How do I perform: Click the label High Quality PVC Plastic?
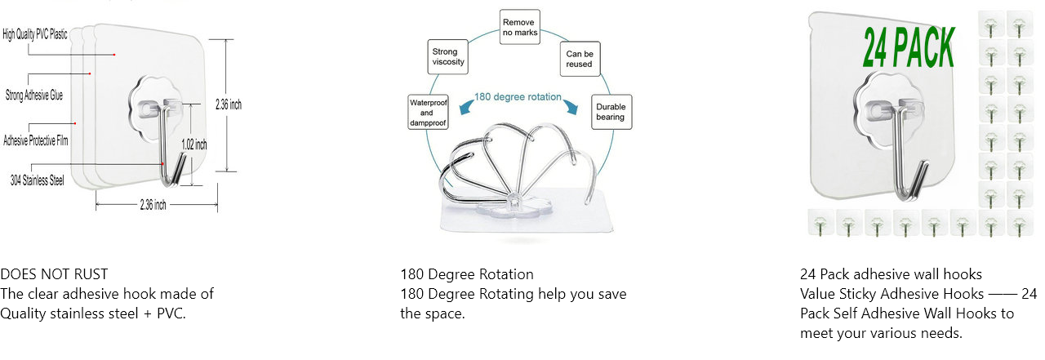[x=35, y=34]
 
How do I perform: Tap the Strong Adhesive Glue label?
[x=34, y=95]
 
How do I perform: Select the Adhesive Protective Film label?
[x=36, y=140]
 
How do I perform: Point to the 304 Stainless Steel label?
[x=37, y=180]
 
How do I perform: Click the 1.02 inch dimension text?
[x=193, y=144]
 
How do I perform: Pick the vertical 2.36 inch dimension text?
[x=228, y=104]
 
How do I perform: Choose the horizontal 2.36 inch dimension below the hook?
[x=153, y=205]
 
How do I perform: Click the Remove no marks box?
[x=519, y=27]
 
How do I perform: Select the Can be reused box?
[x=579, y=59]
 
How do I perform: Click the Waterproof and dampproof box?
[x=427, y=113]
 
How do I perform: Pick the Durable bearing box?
[x=610, y=112]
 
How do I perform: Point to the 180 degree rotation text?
[x=518, y=97]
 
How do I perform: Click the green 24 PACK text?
[x=908, y=47]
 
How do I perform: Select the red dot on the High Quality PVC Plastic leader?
[x=114, y=55]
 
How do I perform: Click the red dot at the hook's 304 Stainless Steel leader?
[x=163, y=164]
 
